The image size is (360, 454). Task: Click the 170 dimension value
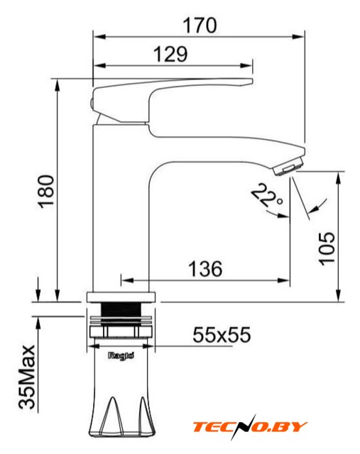[x=200, y=26]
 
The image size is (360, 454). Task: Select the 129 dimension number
[x=170, y=54]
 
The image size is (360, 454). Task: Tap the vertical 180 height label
[x=46, y=192]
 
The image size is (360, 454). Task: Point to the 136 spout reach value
[x=205, y=269]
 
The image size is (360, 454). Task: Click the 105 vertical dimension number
[x=327, y=248]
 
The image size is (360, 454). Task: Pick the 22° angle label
[x=267, y=196]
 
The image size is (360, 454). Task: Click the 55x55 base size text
[x=222, y=335]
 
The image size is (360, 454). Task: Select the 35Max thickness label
[x=27, y=377]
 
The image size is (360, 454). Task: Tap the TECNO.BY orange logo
[x=250, y=427]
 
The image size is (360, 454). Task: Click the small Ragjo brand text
[x=121, y=355]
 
